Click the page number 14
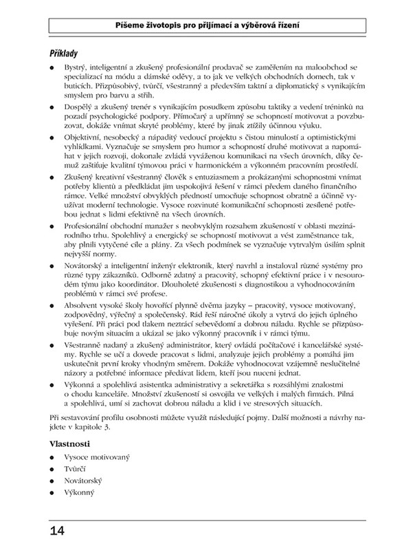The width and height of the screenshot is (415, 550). tap(57, 531)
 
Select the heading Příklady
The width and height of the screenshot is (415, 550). tap(66, 52)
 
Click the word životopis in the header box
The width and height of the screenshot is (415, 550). tap(167, 23)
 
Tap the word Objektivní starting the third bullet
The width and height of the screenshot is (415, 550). tap(81, 139)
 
